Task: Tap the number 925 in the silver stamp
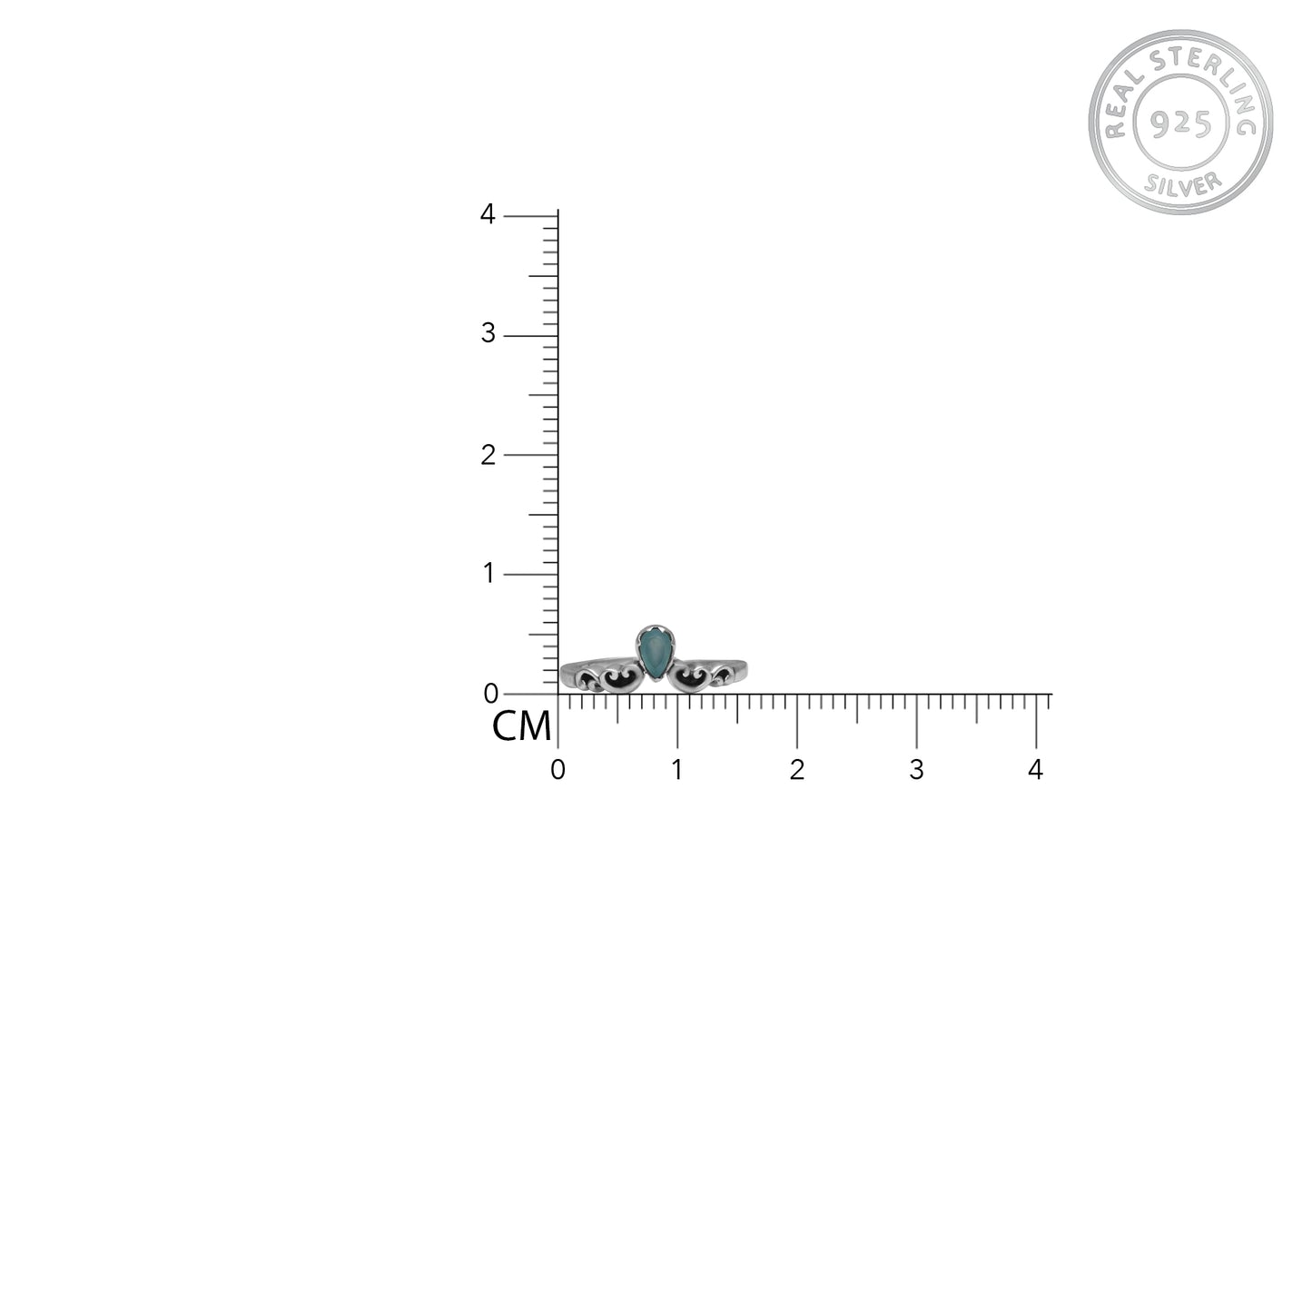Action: pos(1180,123)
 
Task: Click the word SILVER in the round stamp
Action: pos(1183,184)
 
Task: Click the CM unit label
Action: pos(521,725)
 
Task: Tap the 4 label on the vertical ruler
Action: pos(488,214)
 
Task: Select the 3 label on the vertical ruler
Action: pos(488,333)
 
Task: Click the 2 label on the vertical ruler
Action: pos(488,454)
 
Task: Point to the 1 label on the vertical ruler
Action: pos(488,573)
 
